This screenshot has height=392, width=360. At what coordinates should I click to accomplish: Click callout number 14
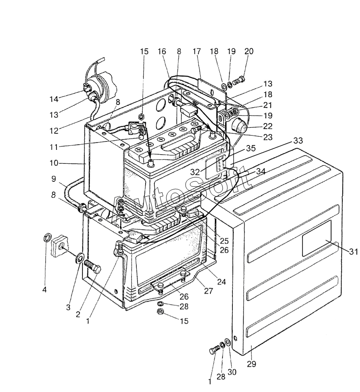54,99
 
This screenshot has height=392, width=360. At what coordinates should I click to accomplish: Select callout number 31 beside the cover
354,252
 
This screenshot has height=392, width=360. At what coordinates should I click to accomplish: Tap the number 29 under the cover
252,364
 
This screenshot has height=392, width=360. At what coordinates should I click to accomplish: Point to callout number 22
268,126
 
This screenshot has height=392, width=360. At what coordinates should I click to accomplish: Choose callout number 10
54,163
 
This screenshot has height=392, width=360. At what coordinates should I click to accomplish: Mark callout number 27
208,291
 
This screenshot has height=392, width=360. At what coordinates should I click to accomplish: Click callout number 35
251,148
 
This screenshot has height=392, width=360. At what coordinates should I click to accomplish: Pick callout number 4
44,290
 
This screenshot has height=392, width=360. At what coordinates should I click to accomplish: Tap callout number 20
249,51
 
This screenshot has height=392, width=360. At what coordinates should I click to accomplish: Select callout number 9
54,179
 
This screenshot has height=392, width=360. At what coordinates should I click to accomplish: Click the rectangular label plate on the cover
317,238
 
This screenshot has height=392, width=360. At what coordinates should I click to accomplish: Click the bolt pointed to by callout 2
93,266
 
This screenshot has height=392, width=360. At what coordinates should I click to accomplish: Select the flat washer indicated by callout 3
80,258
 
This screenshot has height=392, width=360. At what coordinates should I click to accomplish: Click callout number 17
197,52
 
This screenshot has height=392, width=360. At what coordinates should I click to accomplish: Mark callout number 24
222,282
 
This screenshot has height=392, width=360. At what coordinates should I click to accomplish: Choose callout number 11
54,147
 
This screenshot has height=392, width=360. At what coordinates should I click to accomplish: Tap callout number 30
232,372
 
